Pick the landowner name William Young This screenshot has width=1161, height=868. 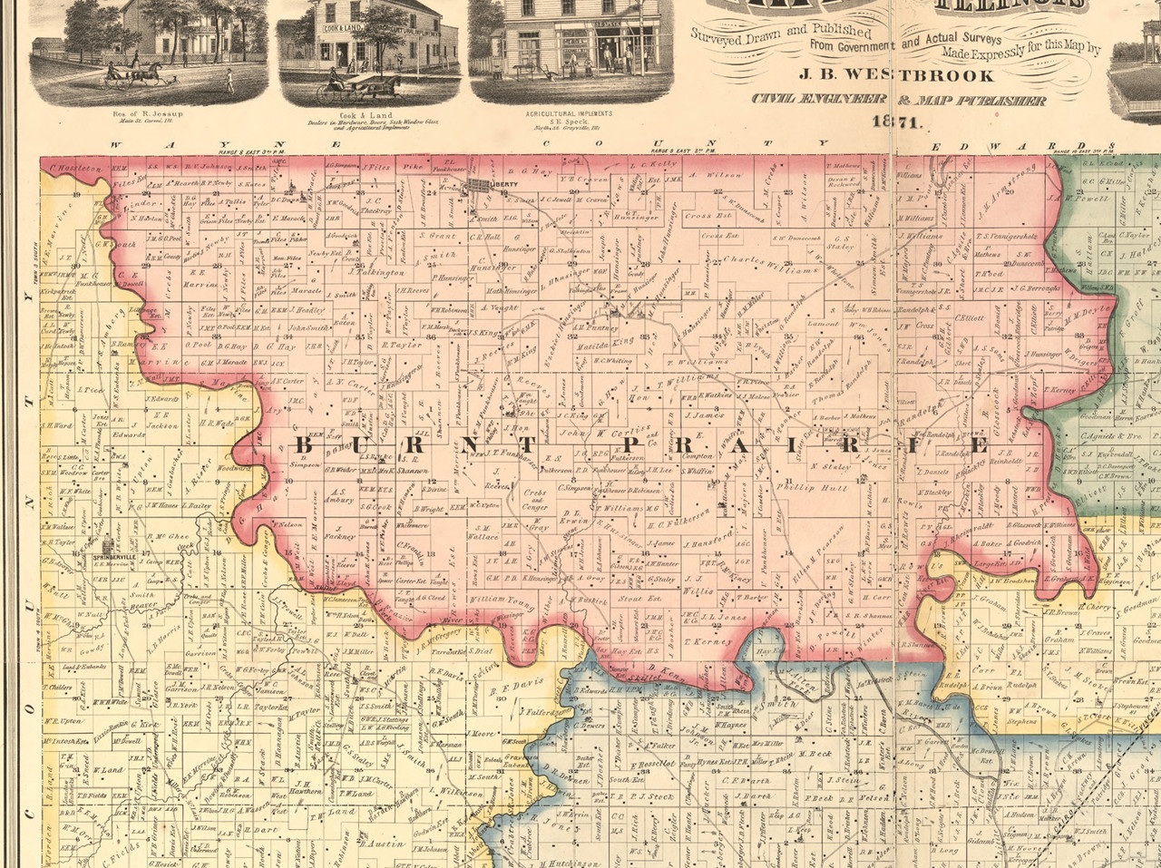click(x=499, y=600)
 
